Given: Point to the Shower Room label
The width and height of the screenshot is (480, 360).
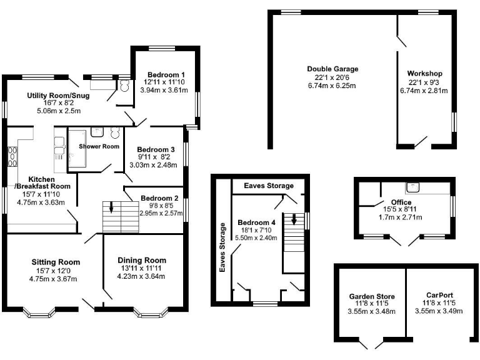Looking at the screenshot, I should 98,147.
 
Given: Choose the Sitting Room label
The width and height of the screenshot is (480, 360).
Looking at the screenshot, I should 56,262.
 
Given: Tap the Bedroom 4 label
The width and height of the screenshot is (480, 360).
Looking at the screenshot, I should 257,223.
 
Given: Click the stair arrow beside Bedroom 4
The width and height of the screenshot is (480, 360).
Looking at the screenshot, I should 293,221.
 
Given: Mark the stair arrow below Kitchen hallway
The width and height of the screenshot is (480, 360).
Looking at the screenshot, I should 111,208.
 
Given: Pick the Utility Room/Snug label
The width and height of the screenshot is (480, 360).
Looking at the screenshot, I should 58,96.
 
